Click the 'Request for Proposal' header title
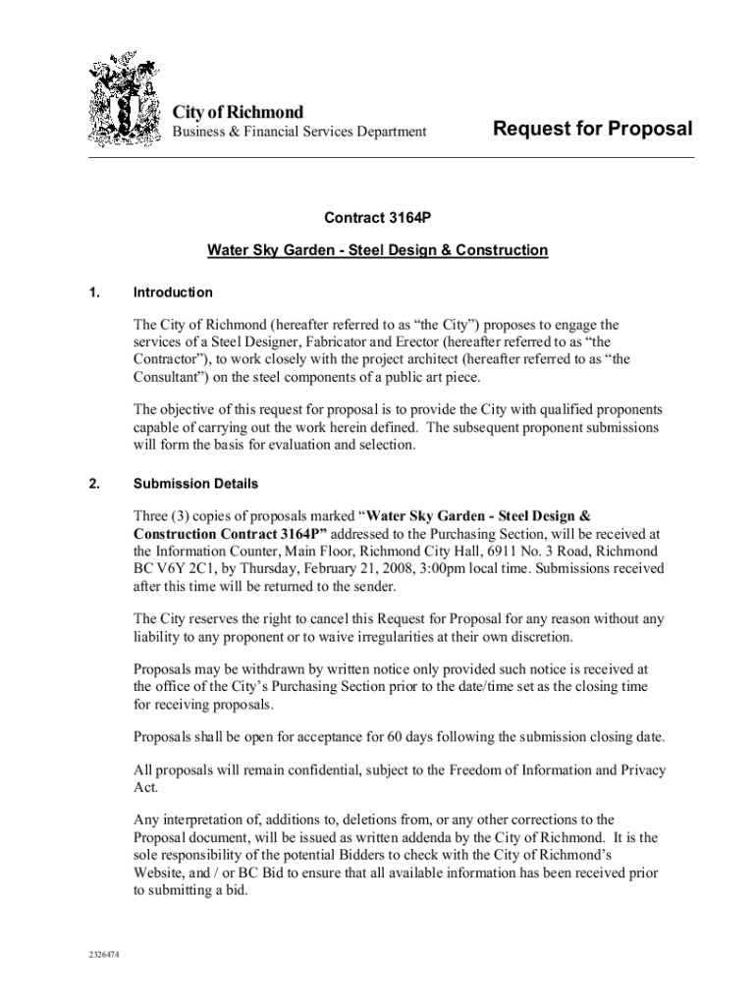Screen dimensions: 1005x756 592,129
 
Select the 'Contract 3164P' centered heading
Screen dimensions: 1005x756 377,220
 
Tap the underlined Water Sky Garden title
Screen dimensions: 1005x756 377,250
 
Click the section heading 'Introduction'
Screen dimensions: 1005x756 173,292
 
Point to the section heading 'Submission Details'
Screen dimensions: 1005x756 196,484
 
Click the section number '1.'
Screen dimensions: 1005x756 94,292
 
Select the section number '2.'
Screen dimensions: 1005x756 94,484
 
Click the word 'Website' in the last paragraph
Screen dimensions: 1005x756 161,873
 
